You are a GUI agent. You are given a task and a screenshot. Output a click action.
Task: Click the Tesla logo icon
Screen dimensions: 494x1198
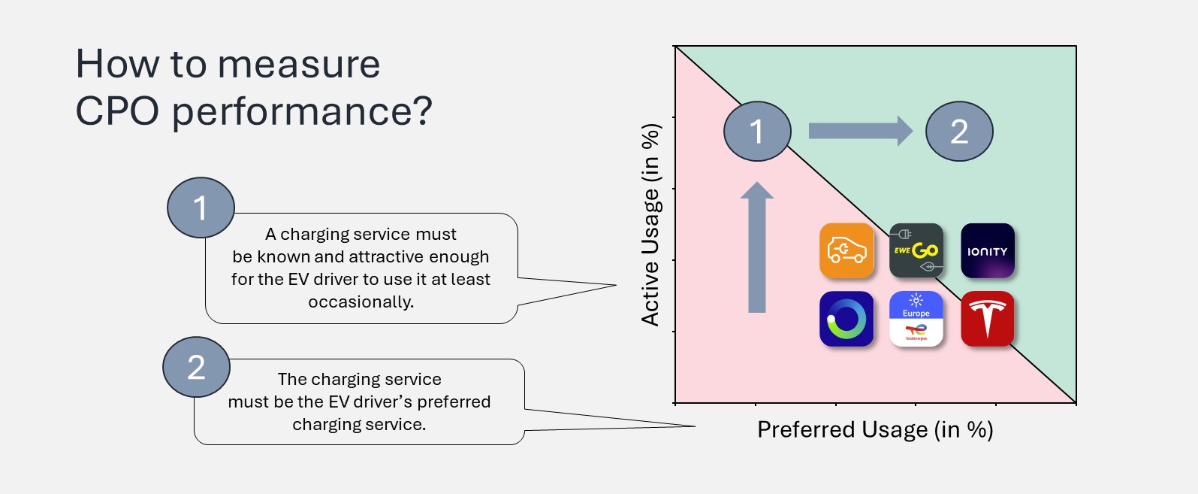point(988,319)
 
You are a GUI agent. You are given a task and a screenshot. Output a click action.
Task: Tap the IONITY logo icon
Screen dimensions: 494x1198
point(988,251)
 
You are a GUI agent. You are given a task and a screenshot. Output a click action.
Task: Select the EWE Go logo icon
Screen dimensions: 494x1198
point(916,251)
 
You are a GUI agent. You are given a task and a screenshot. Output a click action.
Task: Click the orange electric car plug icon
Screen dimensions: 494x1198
point(846,251)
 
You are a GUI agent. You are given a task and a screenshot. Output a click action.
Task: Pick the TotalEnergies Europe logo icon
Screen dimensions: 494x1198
point(916,319)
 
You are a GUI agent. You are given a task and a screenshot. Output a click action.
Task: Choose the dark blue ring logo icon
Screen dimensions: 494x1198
point(846,319)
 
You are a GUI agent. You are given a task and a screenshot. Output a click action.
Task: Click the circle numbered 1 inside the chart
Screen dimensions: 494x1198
point(757,132)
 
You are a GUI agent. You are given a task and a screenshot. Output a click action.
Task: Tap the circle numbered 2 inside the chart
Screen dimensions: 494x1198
point(959,132)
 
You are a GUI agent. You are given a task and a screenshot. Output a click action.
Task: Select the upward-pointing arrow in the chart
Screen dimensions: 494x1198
point(757,248)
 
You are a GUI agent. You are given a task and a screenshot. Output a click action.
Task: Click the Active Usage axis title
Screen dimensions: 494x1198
point(650,224)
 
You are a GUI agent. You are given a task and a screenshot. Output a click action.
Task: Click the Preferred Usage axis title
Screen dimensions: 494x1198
point(875,429)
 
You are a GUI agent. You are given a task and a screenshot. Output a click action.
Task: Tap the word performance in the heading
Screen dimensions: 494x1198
point(302,111)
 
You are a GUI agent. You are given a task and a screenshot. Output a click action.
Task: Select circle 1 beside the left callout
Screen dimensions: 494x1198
point(201,208)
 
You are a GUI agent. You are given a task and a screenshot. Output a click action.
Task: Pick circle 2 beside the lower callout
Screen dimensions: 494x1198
point(196,367)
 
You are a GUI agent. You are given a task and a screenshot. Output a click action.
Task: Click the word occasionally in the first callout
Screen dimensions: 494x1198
point(361,302)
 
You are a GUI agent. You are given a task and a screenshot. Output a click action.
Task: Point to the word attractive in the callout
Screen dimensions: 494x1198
point(387,257)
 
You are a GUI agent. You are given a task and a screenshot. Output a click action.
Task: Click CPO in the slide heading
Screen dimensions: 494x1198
point(117,111)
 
